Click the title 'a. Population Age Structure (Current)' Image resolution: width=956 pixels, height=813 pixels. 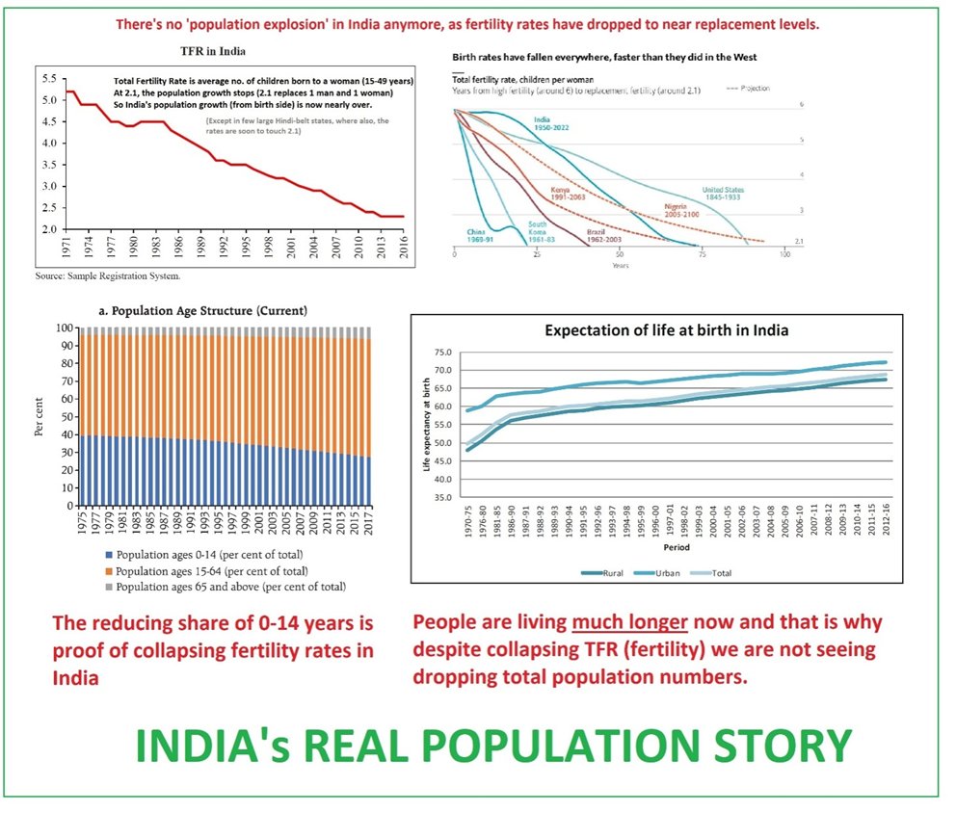203,311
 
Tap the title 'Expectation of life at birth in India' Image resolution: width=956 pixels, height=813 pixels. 666,329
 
